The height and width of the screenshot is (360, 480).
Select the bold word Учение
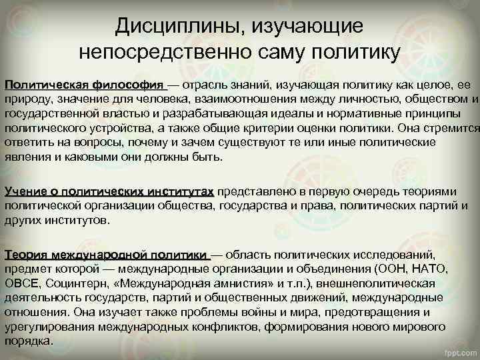pos(26,191)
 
